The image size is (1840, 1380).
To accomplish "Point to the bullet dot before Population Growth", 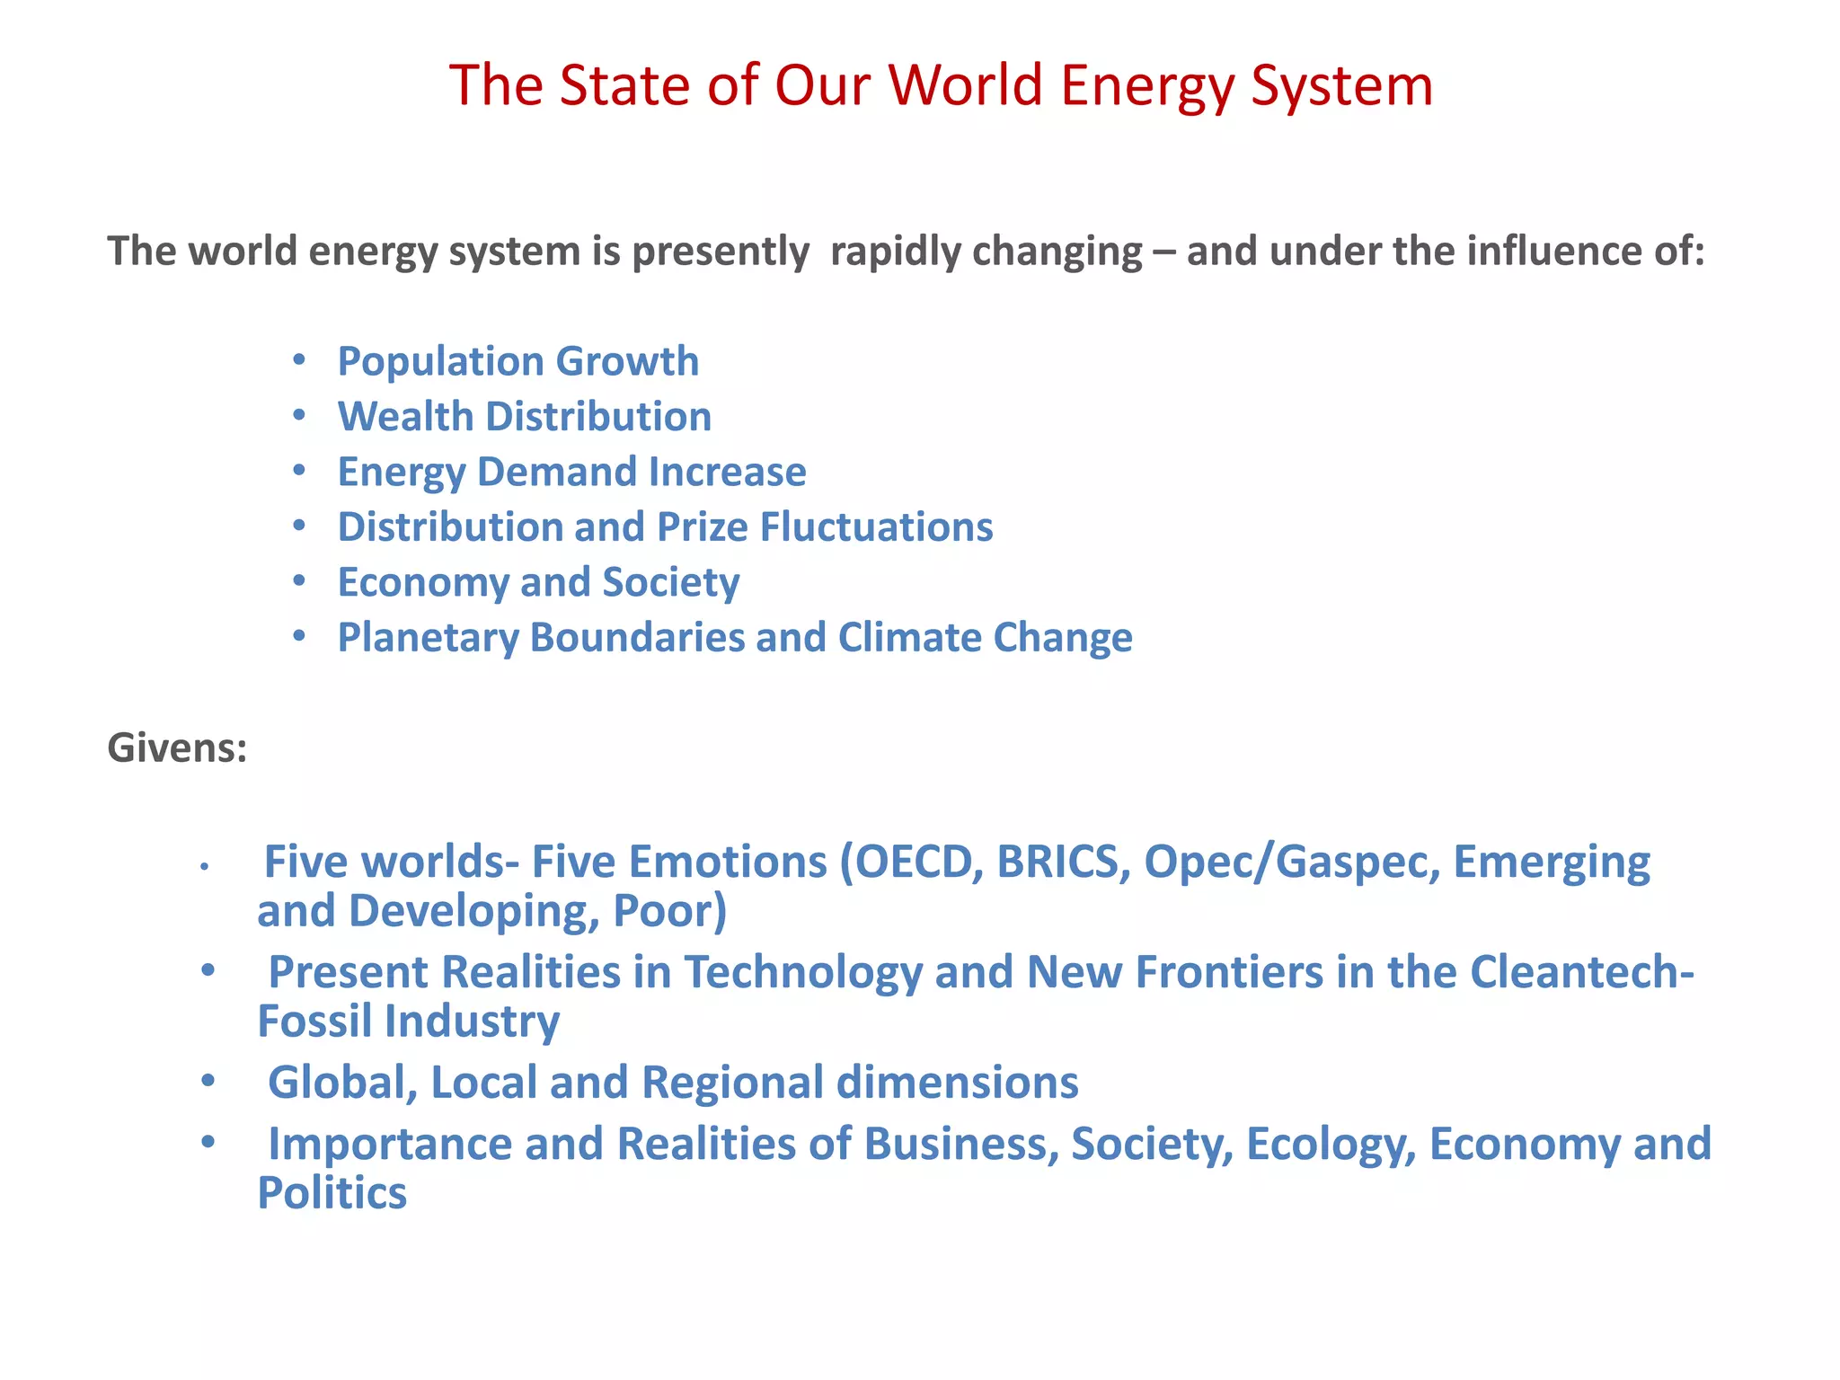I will tap(299, 361).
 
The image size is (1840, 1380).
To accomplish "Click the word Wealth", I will tap(405, 417).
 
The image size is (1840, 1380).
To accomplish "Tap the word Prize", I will tap(702, 527).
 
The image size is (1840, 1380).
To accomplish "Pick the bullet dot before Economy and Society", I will tap(299, 581).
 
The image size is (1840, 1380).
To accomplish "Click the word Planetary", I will tap(428, 638).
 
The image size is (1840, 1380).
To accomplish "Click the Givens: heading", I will tap(177, 747).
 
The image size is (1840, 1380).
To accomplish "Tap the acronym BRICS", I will tap(1063, 862).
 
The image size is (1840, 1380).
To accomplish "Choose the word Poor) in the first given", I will tap(669, 911).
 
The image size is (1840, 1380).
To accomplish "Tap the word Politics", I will tap(332, 1194).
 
